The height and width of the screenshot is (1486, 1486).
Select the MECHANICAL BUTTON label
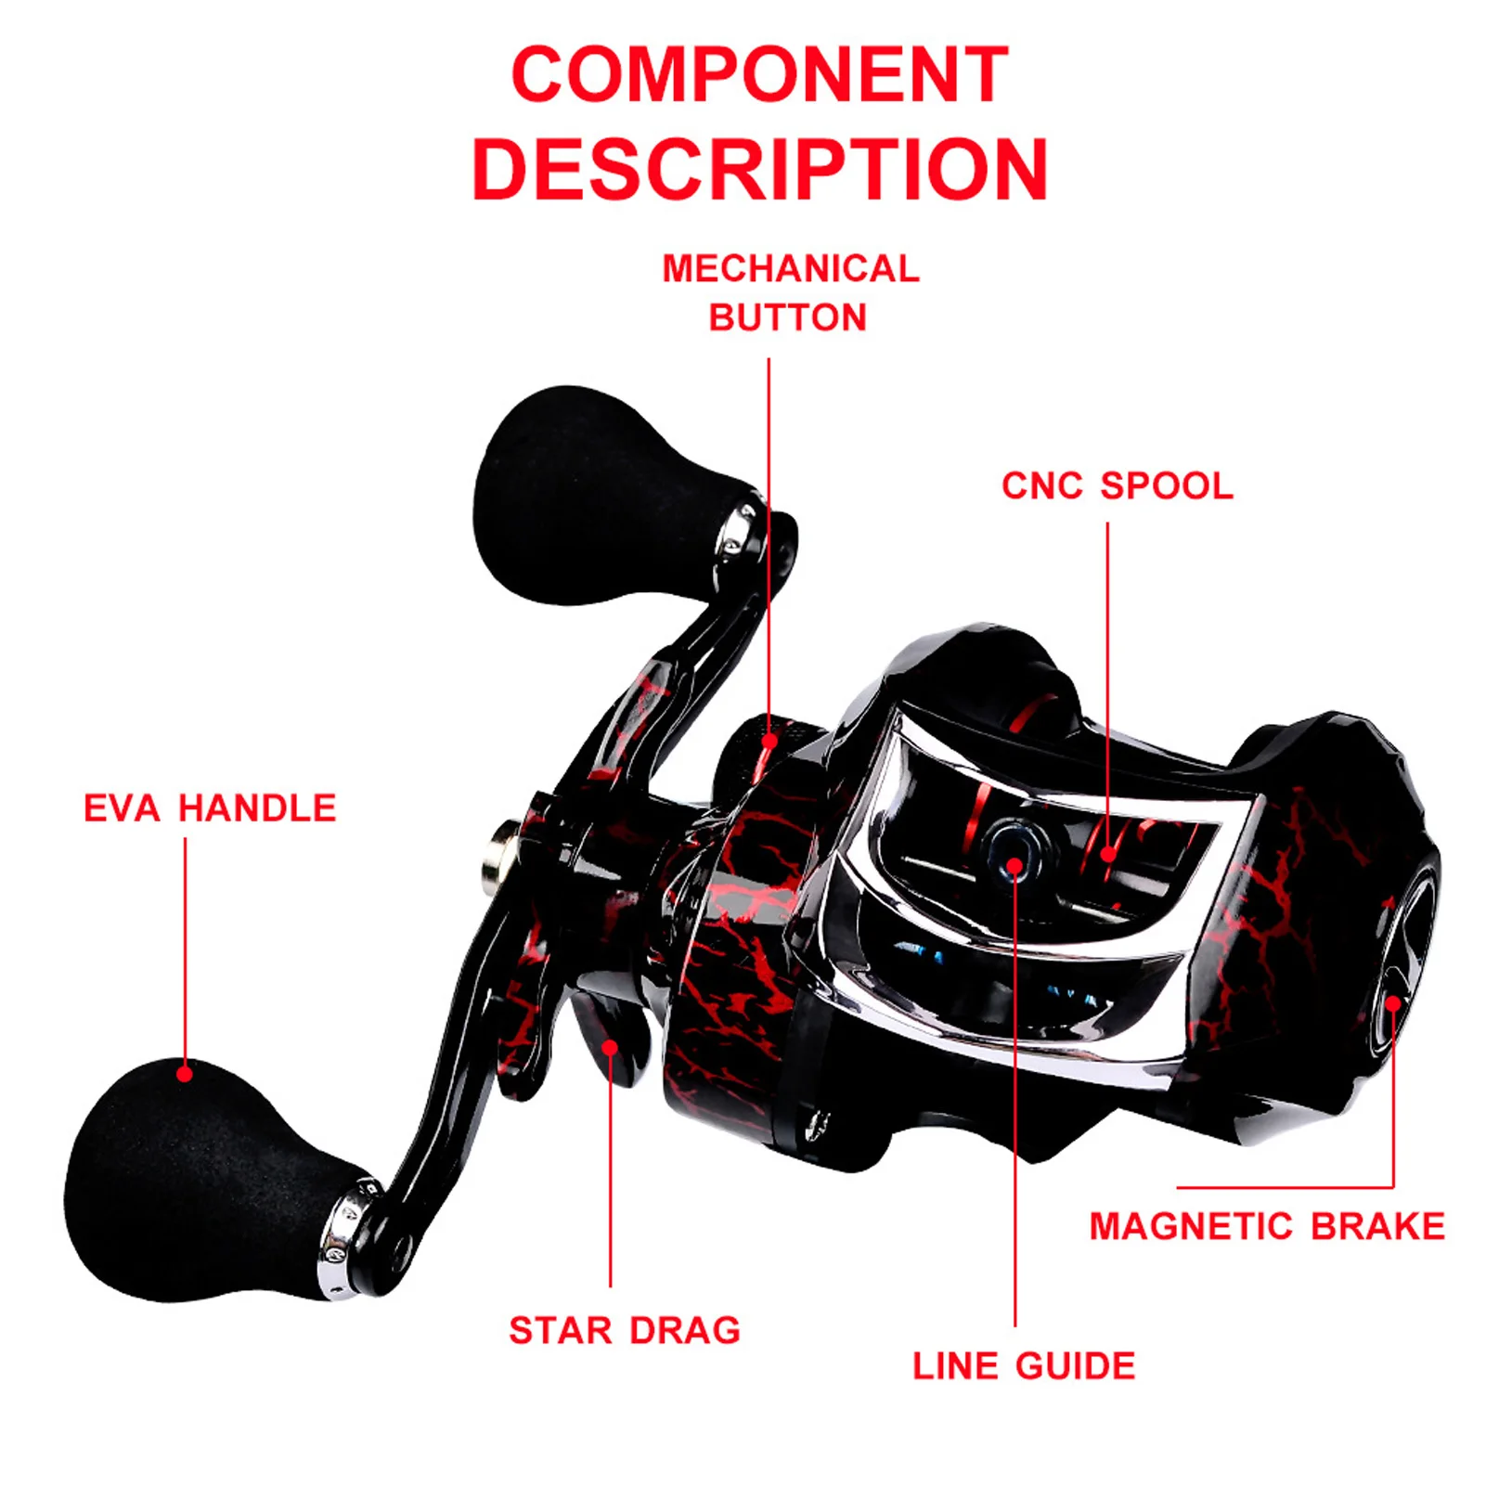[790, 293]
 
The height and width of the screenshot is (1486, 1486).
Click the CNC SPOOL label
[1117, 486]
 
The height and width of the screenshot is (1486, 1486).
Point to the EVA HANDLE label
[210, 808]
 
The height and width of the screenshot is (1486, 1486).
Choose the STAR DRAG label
[625, 1330]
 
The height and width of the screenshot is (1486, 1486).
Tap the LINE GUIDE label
[1024, 1365]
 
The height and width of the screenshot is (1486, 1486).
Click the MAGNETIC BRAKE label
[1267, 1226]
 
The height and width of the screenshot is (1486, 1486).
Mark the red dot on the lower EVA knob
[185, 1074]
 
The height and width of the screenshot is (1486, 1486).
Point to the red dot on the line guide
[1014, 867]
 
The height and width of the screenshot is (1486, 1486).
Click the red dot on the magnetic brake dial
[1392, 1003]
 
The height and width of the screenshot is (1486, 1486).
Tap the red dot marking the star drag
[610, 1048]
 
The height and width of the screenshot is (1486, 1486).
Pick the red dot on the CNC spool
[1108, 854]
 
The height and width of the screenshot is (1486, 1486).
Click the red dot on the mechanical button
[769, 741]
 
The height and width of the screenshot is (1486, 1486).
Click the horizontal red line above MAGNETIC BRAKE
[1286, 1187]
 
